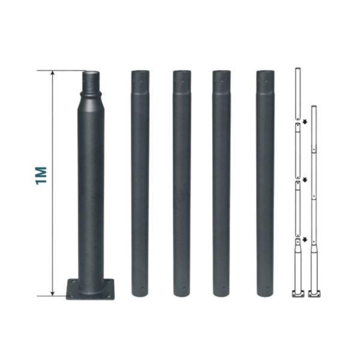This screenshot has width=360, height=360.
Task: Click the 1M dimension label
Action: [x=41, y=176]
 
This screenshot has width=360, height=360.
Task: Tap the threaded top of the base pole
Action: [x=91, y=82]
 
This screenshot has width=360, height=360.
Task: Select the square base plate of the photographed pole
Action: [x=90, y=289]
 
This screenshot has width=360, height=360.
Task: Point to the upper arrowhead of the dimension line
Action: [x=53, y=73]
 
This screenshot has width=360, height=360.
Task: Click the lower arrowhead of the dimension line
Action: [x=53, y=293]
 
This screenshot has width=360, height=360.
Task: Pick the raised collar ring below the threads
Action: [x=91, y=94]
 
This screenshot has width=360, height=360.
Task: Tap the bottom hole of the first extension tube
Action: [x=142, y=288]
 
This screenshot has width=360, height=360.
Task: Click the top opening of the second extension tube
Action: [x=182, y=71]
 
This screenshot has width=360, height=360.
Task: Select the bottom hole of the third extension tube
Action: [x=223, y=288]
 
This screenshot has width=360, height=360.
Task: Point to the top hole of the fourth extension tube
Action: [x=266, y=81]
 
